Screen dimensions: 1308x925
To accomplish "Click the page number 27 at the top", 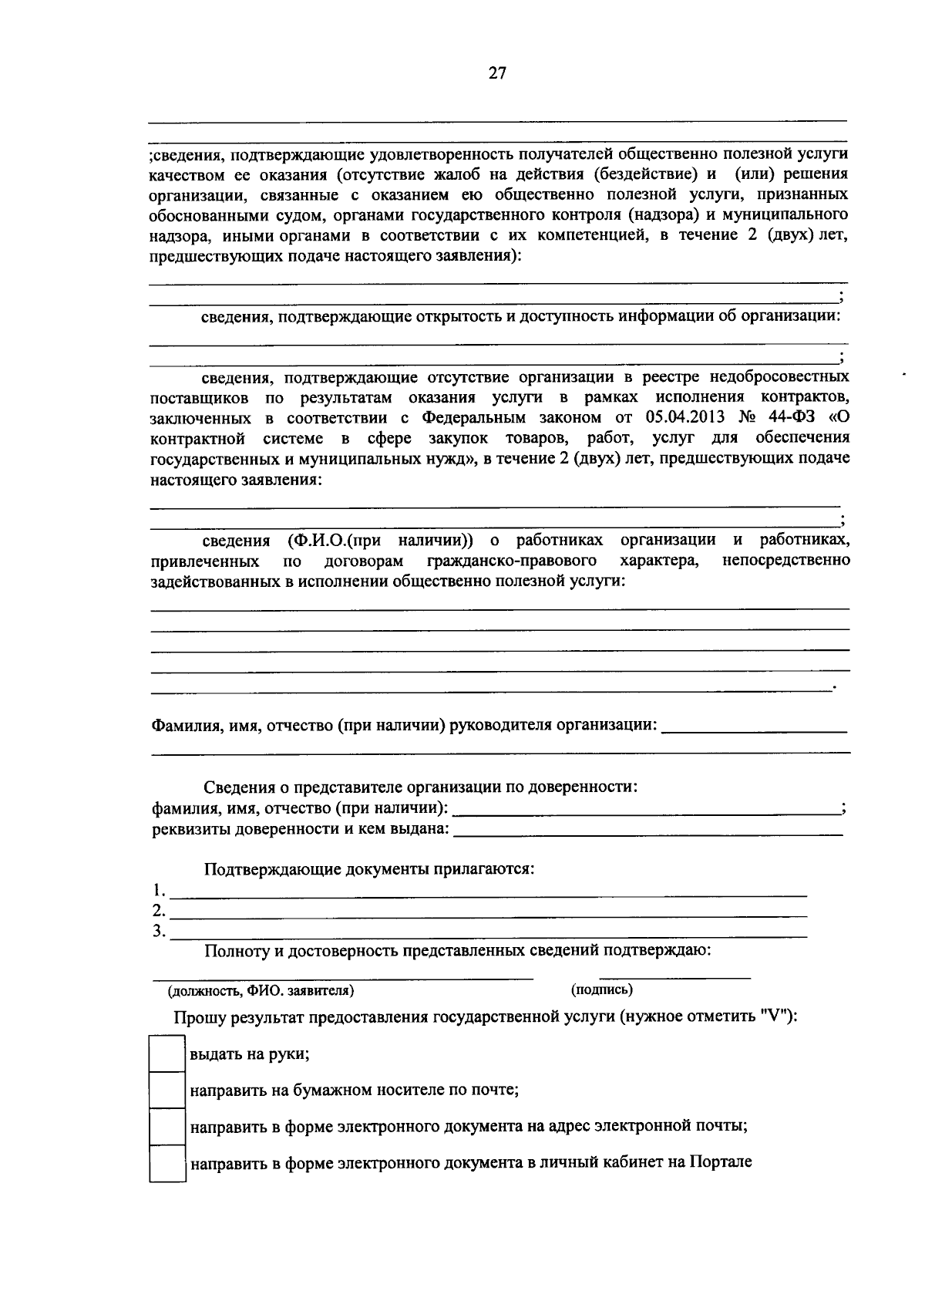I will (497, 73).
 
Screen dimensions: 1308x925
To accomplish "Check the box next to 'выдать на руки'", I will (166, 1054).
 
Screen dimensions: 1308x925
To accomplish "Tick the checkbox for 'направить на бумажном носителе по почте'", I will (166, 1091).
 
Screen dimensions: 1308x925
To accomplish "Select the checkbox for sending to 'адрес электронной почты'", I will (166, 1127).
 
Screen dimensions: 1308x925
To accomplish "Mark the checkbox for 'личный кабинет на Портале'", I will (166, 1164).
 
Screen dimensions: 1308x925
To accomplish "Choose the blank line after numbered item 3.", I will (488, 935).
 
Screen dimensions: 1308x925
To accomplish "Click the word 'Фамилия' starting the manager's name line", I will (182, 726).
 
